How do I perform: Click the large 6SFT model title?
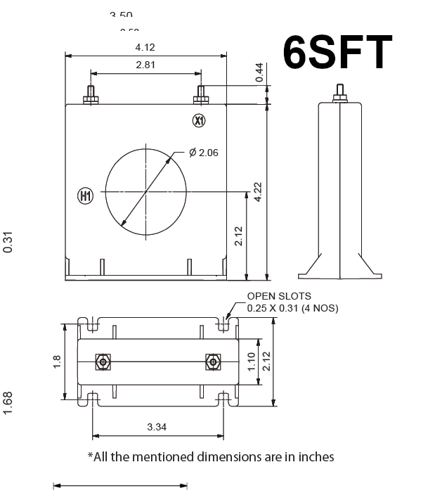pos(337,52)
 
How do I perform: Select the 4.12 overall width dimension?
pos(145,47)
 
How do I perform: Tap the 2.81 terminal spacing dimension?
pos(145,65)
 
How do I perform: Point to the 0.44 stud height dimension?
pos(259,73)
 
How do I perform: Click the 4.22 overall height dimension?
pos(258,192)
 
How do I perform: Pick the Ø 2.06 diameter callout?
pos(204,153)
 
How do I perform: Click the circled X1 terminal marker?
pos(199,121)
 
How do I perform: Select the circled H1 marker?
pos(85,195)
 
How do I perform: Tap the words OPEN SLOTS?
pos(278,297)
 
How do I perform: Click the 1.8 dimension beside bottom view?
pos(58,361)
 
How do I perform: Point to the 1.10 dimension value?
pos(251,361)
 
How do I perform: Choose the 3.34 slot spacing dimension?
pos(157,427)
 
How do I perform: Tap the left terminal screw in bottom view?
pos(103,362)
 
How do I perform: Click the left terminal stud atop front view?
pos(90,94)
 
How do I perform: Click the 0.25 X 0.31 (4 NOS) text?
pos(292,308)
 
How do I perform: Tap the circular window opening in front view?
pos(146,191)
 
